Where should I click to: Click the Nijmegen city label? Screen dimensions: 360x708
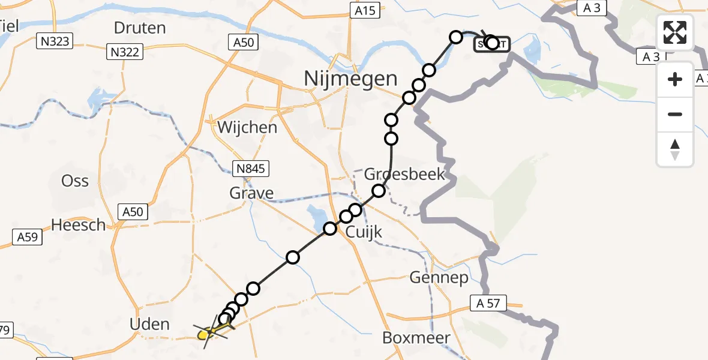[350, 78]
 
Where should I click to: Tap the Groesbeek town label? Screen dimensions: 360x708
[405, 174]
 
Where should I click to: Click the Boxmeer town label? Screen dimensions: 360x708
[416, 338]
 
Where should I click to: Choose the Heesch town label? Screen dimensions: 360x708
[78, 225]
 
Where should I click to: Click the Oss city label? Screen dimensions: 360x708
[75, 181]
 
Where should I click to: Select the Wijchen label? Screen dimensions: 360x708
[247, 127]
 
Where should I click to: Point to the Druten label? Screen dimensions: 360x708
[139, 28]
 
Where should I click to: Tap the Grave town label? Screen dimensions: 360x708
[251, 193]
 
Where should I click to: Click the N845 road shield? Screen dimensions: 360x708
[251, 169]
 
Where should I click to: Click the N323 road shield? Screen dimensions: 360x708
[55, 41]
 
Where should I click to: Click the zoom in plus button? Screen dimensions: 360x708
[675, 79]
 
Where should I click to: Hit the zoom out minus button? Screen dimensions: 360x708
[675, 114]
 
